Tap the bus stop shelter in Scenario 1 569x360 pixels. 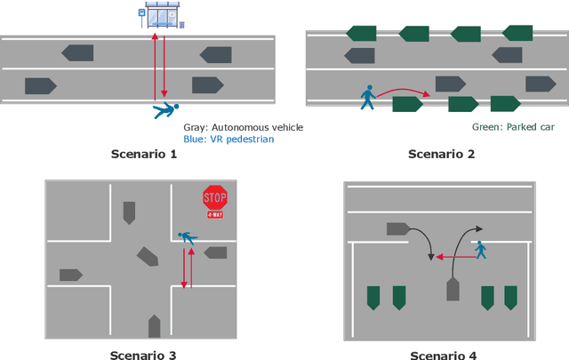tap(161, 15)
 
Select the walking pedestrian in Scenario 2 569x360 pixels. tap(368, 97)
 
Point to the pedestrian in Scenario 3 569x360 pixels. tap(188, 236)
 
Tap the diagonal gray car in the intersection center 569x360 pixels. tap(147, 258)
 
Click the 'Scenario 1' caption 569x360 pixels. tap(144, 154)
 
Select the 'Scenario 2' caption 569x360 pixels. tap(441, 154)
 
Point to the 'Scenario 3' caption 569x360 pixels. tap(142, 355)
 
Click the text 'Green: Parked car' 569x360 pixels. tap(513, 127)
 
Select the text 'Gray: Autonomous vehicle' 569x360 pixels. tap(243, 127)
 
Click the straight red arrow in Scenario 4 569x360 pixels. tap(453, 257)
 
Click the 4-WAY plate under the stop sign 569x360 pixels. tap(214, 215)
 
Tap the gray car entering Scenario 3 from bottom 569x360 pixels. tap(154, 324)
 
